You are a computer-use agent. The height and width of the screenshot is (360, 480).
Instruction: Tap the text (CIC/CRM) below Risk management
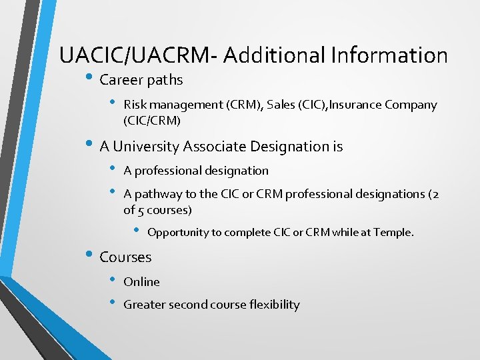tap(151, 121)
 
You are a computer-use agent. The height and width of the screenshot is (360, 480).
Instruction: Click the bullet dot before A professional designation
tap(112, 169)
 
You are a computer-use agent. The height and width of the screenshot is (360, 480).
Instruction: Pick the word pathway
tap(155, 194)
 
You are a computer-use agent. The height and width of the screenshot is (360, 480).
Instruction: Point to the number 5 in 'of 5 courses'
tap(141, 211)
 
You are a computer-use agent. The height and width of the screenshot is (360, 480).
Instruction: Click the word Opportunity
tap(178, 233)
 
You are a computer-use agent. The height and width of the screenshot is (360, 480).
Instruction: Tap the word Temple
tap(393, 233)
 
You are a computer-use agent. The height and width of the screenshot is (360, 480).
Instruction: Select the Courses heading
tap(125, 257)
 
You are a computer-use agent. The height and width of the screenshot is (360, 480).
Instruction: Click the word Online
tap(141, 282)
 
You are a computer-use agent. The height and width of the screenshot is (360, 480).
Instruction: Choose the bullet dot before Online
tap(112, 281)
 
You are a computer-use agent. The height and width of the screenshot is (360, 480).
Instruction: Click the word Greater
tap(145, 305)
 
